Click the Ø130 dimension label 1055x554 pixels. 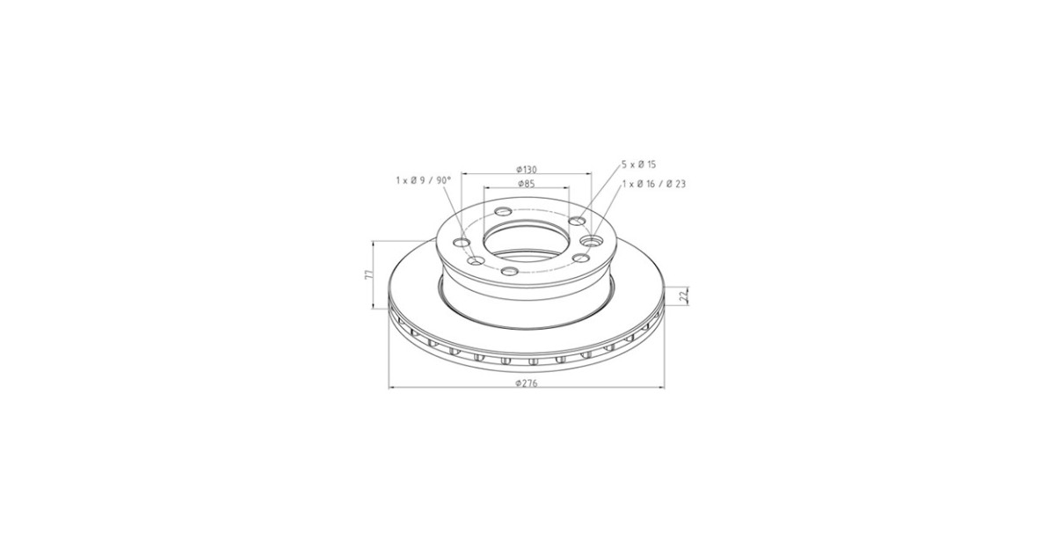click(526, 169)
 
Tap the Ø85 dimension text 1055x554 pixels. click(526, 184)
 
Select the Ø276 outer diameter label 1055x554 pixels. click(526, 383)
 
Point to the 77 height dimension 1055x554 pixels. click(369, 274)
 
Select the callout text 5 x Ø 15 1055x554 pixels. click(638, 164)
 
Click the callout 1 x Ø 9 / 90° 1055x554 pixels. click(424, 180)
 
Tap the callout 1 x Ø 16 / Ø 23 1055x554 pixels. click(654, 184)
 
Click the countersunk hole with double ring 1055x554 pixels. click(591, 242)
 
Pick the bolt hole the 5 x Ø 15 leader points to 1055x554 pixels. click(577, 221)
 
